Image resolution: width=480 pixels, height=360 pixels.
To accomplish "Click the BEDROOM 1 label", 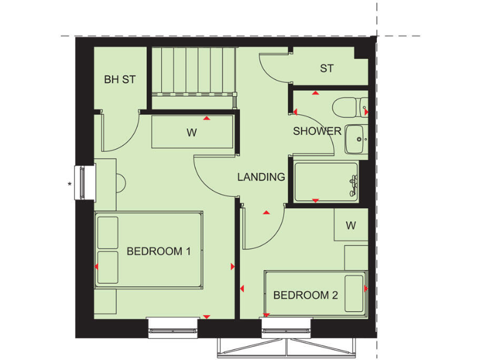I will (x=158, y=251).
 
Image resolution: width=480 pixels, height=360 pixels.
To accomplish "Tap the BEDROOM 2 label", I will (x=306, y=295).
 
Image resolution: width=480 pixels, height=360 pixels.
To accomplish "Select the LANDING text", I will (x=261, y=177).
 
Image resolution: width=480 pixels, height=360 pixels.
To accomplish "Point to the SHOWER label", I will (x=317, y=131).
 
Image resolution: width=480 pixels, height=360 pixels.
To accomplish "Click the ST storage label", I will (x=326, y=69).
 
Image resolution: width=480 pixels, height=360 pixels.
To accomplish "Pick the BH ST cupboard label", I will (x=119, y=79).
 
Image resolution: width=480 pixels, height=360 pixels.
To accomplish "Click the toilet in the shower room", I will (x=346, y=107).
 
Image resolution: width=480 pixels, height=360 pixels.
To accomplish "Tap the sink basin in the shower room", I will (x=357, y=138).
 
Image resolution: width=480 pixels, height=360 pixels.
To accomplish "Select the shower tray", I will (x=326, y=182).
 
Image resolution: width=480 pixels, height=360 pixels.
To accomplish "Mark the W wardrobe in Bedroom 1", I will (x=192, y=132).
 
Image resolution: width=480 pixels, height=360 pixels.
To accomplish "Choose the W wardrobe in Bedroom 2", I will (x=350, y=225).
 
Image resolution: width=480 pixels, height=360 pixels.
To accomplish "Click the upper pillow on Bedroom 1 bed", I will (x=107, y=233).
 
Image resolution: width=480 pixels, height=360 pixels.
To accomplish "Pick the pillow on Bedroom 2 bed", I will (x=354, y=292).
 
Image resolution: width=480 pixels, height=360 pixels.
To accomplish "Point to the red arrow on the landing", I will (x=267, y=213).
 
